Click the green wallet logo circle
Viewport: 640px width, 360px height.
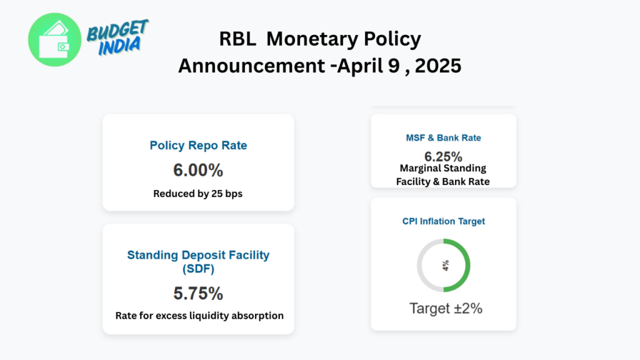pyautogui.click(x=55, y=39)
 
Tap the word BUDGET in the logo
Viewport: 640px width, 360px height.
pyautogui.click(x=117, y=31)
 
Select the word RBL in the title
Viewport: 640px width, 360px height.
pyautogui.click(x=237, y=39)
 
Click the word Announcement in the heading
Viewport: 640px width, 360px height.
pyautogui.click(x=251, y=66)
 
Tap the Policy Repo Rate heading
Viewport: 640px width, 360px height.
pyautogui.click(x=198, y=145)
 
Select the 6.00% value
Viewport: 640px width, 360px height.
pyautogui.click(x=198, y=170)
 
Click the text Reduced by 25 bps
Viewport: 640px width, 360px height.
pyautogui.click(x=198, y=194)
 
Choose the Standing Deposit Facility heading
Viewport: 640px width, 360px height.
pyautogui.click(x=198, y=262)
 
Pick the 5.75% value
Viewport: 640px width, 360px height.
pyautogui.click(x=198, y=294)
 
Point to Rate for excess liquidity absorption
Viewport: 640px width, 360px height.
pyautogui.click(x=199, y=316)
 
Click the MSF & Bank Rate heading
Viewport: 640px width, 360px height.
pyautogui.click(x=444, y=138)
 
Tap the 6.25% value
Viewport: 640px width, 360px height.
pyautogui.click(x=443, y=156)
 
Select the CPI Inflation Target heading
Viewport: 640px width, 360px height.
pyautogui.click(x=444, y=221)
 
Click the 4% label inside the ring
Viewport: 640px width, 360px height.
pyautogui.click(x=445, y=266)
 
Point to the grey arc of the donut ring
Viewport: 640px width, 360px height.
pyautogui.click(x=419, y=265)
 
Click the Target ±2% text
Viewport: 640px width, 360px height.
pyautogui.click(x=446, y=308)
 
